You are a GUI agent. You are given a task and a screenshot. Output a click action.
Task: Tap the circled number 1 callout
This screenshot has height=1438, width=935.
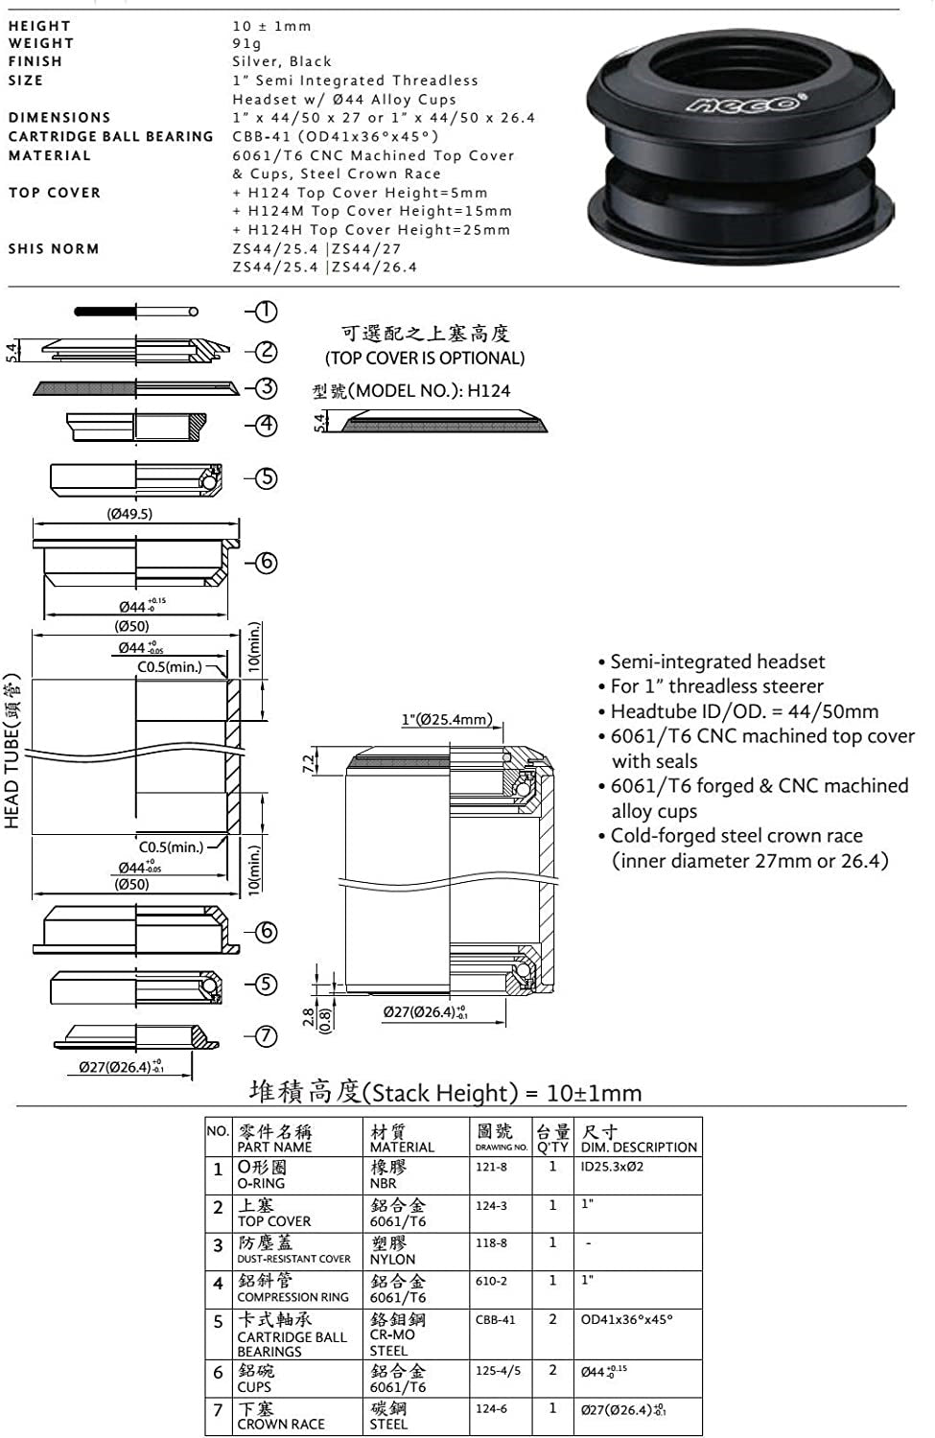click(x=267, y=311)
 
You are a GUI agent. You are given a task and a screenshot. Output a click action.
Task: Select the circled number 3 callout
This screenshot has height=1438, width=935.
click(x=267, y=387)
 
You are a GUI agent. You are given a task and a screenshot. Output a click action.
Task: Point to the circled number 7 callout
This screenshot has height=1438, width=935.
click(x=267, y=1035)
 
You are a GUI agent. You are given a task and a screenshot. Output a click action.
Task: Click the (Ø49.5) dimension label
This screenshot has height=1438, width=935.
click(x=129, y=514)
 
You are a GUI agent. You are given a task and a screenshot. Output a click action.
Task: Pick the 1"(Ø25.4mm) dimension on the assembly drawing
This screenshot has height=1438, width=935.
click(x=447, y=719)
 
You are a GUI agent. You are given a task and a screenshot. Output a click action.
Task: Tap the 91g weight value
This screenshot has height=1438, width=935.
click(x=246, y=43)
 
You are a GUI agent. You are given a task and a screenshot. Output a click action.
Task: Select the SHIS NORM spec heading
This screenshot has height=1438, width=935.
click(x=54, y=248)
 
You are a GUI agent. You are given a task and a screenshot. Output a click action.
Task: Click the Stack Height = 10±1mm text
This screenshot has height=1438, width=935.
click(x=446, y=1092)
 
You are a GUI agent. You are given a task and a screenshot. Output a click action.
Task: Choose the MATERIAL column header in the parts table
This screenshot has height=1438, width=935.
click(x=402, y=1139)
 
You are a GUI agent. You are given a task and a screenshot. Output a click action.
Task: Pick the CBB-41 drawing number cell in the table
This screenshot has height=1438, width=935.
click(x=495, y=1320)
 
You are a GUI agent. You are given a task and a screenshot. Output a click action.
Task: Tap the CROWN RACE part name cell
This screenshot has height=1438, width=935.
click(x=281, y=1424)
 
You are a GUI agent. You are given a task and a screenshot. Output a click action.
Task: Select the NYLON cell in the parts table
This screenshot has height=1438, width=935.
click(x=392, y=1259)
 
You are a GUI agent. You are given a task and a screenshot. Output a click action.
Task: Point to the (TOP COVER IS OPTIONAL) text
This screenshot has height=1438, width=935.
click(x=425, y=358)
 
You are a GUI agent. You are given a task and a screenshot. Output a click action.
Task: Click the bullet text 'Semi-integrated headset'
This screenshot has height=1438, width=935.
click(x=717, y=661)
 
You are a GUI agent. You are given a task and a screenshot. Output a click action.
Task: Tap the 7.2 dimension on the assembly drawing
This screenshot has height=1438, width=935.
click(x=308, y=763)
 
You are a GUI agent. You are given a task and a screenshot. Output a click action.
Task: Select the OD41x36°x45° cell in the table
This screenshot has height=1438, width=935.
click(x=627, y=1320)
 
